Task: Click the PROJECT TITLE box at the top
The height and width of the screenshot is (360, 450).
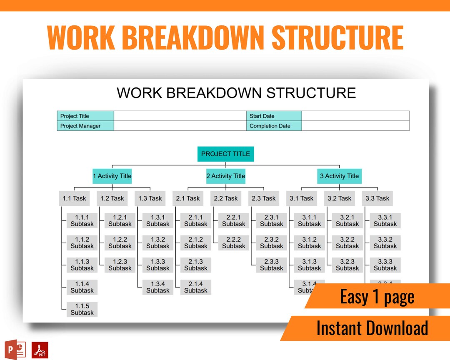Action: point(225,154)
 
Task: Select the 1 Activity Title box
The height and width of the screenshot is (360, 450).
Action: point(112,176)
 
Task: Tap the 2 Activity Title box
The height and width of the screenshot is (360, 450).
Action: point(226,176)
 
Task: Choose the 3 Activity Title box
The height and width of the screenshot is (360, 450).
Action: point(339,176)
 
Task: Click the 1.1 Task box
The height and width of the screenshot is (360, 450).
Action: point(74,198)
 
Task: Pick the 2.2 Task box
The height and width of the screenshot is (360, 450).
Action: point(225,198)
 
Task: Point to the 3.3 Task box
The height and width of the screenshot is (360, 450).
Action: point(377,198)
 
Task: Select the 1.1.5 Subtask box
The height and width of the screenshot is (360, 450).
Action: point(82,309)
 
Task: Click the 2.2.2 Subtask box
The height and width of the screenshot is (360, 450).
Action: point(234,242)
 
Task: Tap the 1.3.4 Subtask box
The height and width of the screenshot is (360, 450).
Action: point(158,287)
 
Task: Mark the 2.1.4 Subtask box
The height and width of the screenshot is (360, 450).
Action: point(196,287)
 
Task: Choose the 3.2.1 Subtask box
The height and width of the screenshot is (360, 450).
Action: point(347,220)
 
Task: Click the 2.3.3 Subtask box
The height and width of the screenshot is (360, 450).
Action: point(272,265)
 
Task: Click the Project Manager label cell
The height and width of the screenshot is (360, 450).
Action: point(85,126)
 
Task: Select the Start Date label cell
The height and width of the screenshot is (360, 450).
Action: point(274,116)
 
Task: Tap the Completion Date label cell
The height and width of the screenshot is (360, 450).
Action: point(274,126)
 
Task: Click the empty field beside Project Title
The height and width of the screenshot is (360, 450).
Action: point(180,116)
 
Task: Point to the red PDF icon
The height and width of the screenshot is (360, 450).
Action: point(40,350)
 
